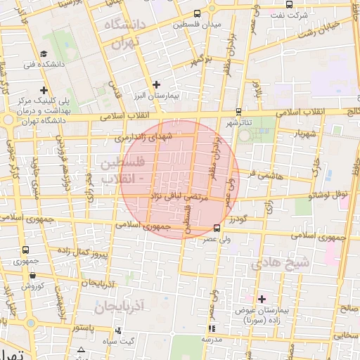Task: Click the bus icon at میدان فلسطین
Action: [198, 13]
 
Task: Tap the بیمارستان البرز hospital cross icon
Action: [156, 84]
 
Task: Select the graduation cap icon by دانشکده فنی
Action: [44, 53]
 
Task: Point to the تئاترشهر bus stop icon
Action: [238, 111]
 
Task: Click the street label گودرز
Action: [238, 219]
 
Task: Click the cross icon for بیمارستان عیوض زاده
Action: [262, 299]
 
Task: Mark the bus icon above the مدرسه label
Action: [212, 328]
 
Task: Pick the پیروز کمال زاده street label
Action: [82, 250]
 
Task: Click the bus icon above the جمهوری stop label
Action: [26, 250]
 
